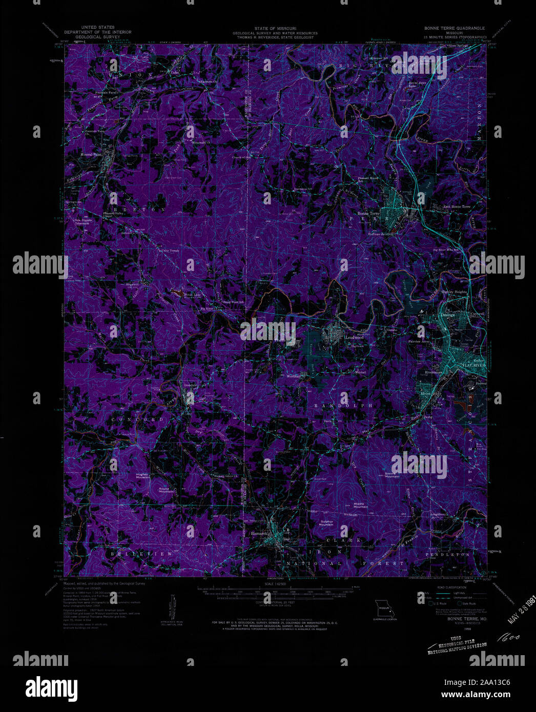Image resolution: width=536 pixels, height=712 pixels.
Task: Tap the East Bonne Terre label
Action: pos(456,206)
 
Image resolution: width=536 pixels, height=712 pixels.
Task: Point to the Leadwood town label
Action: pos(354,338)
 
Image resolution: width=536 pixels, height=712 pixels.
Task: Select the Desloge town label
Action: pos(447,315)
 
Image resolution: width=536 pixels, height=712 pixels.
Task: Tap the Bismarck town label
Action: pos(260,533)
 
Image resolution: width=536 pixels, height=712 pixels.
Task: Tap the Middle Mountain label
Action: pos(360,505)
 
